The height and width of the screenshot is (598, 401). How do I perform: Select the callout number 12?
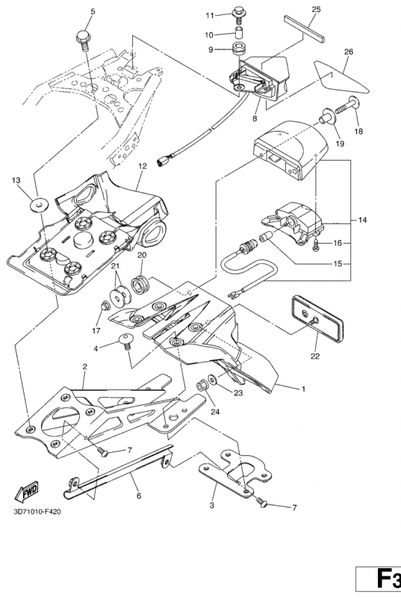point(142,166)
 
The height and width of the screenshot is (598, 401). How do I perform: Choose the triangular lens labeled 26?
point(340,77)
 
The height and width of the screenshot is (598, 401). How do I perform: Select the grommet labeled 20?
point(141,286)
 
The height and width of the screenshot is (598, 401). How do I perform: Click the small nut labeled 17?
point(104,306)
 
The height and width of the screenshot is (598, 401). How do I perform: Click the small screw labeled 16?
point(316,245)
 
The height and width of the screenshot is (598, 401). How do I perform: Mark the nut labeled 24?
point(202,386)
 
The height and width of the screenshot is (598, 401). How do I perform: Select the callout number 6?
point(139,496)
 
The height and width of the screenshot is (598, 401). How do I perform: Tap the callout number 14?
point(362,220)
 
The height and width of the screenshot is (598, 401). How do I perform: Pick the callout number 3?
point(212,506)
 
